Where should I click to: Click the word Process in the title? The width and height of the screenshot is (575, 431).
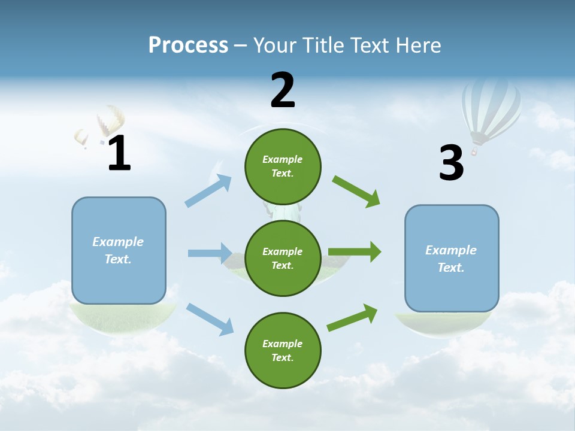click(188, 45)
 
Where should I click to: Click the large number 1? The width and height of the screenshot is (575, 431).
click(119, 154)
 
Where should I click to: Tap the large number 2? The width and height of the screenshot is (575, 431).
click(283, 90)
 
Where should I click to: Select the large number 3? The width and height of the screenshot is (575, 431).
click(451, 163)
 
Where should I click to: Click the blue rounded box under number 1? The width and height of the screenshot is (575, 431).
click(119, 250)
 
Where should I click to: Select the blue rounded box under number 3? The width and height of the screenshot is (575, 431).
click(451, 259)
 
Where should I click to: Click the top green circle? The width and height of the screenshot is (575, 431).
click(283, 166)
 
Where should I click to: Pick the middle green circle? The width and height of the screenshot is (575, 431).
click(283, 258)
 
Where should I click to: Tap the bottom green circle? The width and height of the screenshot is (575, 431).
click(283, 350)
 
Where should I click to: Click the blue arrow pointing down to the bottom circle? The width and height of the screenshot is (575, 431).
click(210, 318)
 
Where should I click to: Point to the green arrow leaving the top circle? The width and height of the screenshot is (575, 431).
click(356, 192)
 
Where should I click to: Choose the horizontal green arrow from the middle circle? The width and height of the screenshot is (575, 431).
click(355, 252)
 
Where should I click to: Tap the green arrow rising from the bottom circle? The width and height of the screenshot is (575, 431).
click(353, 317)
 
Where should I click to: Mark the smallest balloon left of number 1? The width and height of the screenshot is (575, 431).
click(81, 138)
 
